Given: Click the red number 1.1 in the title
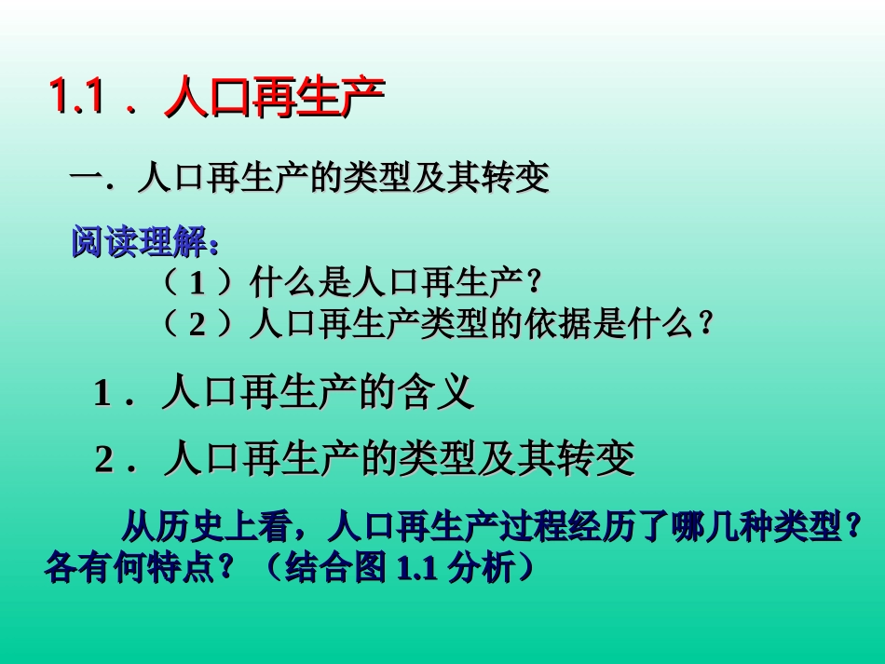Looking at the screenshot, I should (75, 96).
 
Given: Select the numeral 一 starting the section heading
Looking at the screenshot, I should (86, 177).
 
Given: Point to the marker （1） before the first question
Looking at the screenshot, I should (197, 281).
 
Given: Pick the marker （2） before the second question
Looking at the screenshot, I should (197, 323).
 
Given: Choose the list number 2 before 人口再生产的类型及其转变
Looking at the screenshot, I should (104, 461).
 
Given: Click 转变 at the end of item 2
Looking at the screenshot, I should (601, 459).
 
